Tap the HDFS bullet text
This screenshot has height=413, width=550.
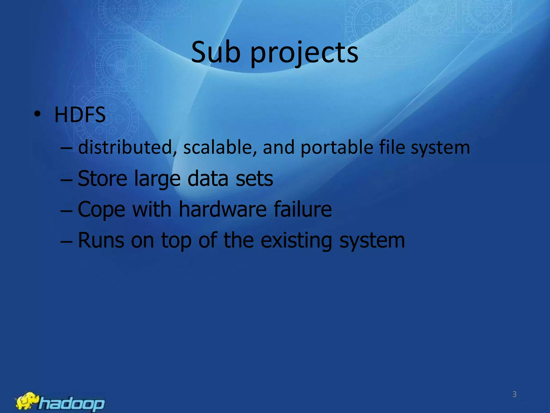coord(80,115)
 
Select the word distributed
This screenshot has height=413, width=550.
coord(125,147)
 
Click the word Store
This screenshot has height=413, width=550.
coord(102,178)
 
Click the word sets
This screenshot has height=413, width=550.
coord(254,178)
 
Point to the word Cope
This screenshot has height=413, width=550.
coord(101,210)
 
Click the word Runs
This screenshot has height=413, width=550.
coord(101,240)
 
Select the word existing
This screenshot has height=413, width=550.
coord(296,241)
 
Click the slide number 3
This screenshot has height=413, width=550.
coord(514,394)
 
